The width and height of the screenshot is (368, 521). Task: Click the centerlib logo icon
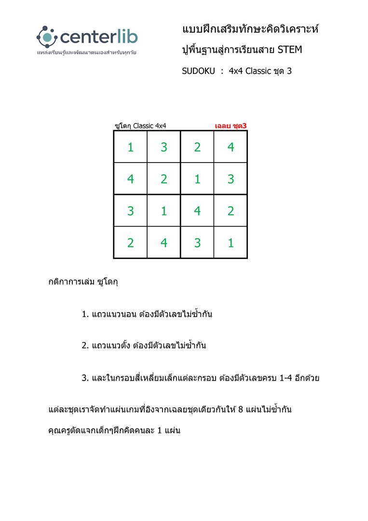pos(47,36)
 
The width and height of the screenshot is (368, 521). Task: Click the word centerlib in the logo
pos(98,37)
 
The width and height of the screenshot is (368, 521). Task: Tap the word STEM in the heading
pos(290,50)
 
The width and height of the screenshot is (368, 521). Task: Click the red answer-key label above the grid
pos(231,126)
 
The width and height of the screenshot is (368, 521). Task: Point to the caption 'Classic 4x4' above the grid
pos(150,126)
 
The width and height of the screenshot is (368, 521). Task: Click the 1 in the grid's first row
pos(130,147)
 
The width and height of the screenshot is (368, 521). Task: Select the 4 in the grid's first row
pos(231,147)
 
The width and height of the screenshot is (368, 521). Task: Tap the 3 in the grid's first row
pos(164,147)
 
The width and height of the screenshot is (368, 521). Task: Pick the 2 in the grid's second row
pos(164,179)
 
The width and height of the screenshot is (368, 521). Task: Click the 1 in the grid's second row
pos(197,179)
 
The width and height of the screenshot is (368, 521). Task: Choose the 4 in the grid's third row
pos(197,211)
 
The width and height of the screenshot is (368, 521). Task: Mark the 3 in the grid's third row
pos(130,211)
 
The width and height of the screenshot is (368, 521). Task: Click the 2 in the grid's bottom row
pos(130,243)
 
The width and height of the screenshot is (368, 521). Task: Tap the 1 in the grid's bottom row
pos(231,243)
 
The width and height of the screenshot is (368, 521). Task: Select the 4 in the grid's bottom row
pos(164,243)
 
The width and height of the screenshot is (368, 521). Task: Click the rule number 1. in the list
pos(85,315)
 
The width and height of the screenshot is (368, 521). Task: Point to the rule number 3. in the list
pos(85,378)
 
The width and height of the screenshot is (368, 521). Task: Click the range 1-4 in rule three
pos(288,378)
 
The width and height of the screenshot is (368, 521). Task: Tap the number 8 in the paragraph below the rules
pos(241,410)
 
